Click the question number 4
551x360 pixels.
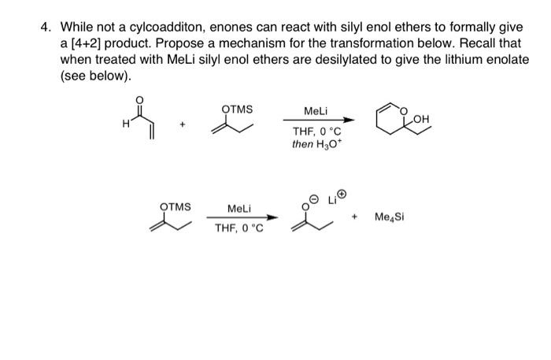[x=46, y=27]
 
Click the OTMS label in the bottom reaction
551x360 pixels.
[x=176, y=206]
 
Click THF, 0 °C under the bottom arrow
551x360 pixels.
[x=239, y=229]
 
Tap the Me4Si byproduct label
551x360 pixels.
[x=389, y=217]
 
